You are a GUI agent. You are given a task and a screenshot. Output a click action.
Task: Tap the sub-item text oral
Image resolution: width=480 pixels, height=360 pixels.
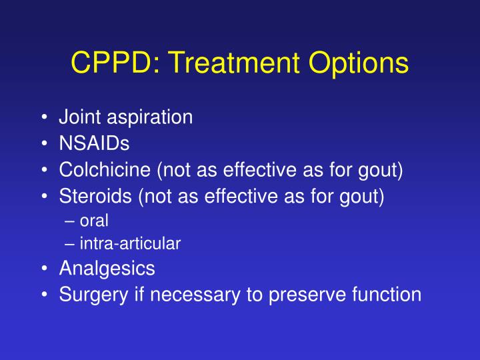coord(94,221)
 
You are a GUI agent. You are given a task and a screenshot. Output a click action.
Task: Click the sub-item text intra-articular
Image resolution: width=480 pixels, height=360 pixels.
coord(130,244)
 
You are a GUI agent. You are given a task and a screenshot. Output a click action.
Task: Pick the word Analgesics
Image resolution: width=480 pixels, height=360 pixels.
coord(107,269)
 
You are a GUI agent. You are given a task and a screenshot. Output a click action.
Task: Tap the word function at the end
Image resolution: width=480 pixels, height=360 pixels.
coord(388,294)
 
